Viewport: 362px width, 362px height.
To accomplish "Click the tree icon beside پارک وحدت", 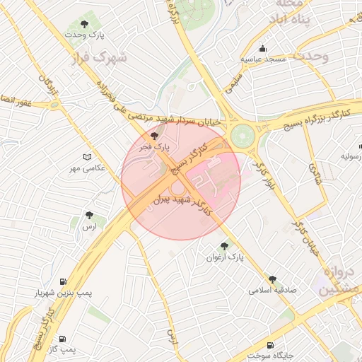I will point(85,25).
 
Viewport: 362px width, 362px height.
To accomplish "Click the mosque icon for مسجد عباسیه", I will point(263,49).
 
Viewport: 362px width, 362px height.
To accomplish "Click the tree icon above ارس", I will point(88,215).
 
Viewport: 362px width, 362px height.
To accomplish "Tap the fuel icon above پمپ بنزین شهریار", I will point(65,281).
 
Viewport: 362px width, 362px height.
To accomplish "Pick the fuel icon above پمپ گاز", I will point(62,339).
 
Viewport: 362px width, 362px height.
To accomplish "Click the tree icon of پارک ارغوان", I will point(224,246).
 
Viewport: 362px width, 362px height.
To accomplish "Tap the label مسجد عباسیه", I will point(264,59).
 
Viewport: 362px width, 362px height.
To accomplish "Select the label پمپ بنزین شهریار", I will point(64,293).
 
